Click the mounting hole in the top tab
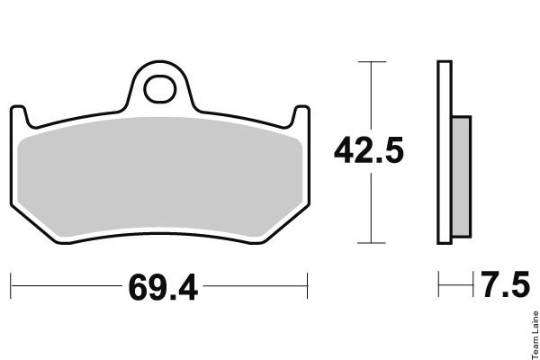click(160, 89)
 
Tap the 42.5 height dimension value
click(369, 150)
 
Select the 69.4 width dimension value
click(163, 287)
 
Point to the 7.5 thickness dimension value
click(505, 284)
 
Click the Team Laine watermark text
click(535, 335)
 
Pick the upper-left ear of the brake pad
click(19, 115)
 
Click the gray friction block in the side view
click(461, 176)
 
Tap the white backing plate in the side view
click(445, 153)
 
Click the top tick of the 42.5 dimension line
click(372, 62)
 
